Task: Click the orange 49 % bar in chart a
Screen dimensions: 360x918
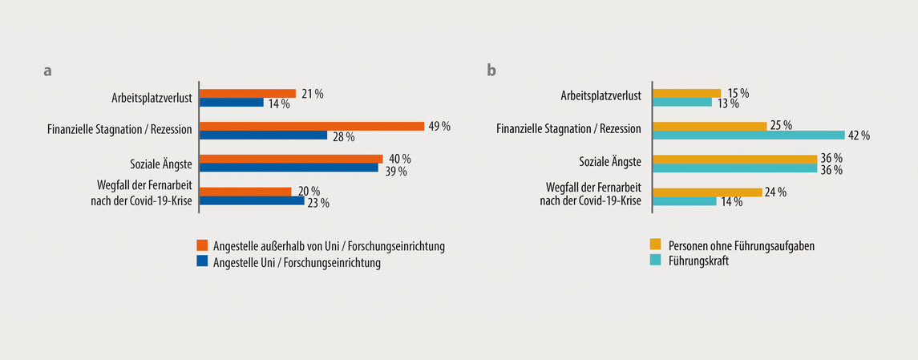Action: (x=312, y=126)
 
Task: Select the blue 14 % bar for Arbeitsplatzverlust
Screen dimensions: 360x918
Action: (x=232, y=103)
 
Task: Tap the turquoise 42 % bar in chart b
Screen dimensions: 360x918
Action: (x=749, y=135)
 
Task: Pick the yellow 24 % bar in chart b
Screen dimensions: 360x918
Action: (x=707, y=192)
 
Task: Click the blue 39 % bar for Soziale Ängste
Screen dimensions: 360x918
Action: (x=289, y=168)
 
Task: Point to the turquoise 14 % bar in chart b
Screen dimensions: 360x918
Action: (x=685, y=201)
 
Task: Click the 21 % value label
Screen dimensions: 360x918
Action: (x=313, y=94)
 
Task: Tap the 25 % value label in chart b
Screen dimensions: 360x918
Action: (x=781, y=125)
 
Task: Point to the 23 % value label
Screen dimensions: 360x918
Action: (x=319, y=204)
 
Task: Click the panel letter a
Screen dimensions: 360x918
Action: (x=48, y=71)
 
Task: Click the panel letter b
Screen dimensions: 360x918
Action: (x=491, y=71)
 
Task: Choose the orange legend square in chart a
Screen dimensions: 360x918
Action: (x=203, y=245)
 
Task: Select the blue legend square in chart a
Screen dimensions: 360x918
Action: (x=203, y=261)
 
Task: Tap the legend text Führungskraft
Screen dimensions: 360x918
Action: (x=698, y=261)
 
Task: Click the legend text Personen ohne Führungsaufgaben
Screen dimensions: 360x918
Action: (x=742, y=245)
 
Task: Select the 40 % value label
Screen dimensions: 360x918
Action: (x=399, y=159)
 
